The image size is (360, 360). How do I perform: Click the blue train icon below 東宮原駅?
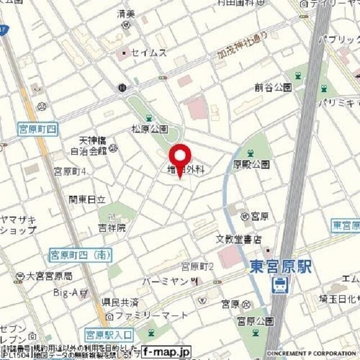[278, 285]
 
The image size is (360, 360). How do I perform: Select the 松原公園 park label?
[150, 129]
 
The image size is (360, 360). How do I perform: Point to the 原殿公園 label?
[251, 164]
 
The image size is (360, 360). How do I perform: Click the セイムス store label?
[148, 53]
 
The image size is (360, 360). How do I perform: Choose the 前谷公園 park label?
[273, 87]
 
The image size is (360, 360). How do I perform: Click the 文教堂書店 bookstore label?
[239, 239]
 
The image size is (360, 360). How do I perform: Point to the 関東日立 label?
[87, 199]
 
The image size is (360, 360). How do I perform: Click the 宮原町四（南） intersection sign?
[80, 255]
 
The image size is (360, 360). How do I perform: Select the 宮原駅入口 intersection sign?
[109, 335]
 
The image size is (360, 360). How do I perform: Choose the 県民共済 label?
[120, 302]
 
